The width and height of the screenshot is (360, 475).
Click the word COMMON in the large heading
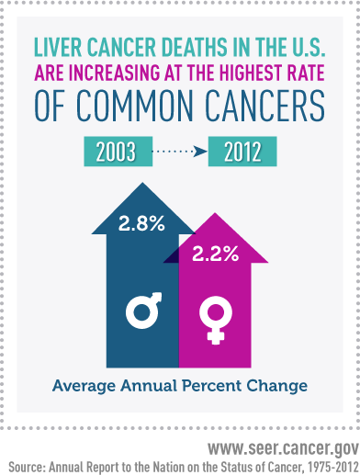138,108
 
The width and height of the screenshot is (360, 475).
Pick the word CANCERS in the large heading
264,108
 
